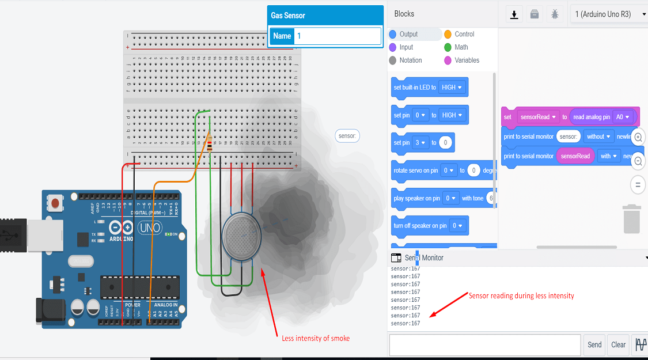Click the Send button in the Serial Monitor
pyautogui.click(x=594, y=344)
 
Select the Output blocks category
pyautogui.click(x=408, y=34)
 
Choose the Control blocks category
pyautogui.click(x=464, y=34)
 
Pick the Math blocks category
pyautogui.click(x=461, y=47)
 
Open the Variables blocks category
pyautogui.click(x=467, y=60)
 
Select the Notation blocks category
pyautogui.click(x=410, y=60)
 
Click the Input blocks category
pyautogui.click(x=406, y=47)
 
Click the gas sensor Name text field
pyautogui.click(x=337, y=36)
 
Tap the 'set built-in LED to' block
pyautogui.click(x=414, y=88)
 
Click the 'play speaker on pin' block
pyautogui.click(x=416, y=198)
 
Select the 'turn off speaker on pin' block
pyautogui.click(x=420, y=226)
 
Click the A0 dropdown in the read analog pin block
pyautogui.click(x=623, y=117)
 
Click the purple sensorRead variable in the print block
pyautogui.click(x=575, y=156)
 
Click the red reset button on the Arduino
pyautogui.click(x=55, y=203)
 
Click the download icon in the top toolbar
pyautogui.click(x=514, y=14)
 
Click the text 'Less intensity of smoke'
pyautogui.click(x=315, y=338)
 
